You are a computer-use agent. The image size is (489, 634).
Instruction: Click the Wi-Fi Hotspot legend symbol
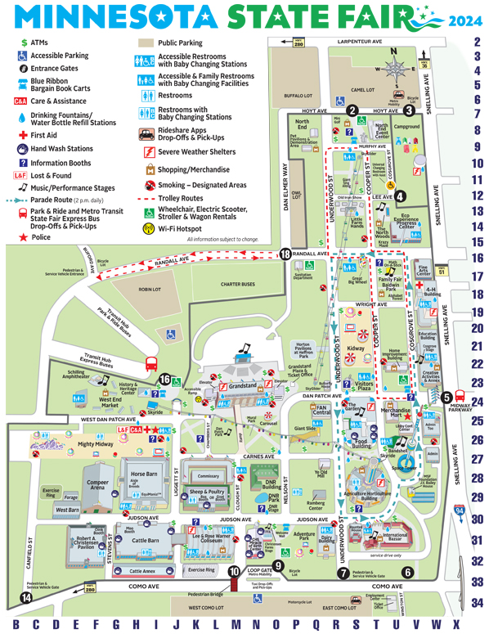(149, 227)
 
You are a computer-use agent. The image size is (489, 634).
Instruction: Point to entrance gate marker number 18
(285, 254)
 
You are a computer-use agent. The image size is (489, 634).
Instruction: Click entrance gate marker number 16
(166, 380)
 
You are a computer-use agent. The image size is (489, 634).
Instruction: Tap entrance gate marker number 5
(446, 398)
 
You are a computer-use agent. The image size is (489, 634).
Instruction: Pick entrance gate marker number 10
(234, 573)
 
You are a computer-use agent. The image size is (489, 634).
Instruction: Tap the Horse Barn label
(143, 474)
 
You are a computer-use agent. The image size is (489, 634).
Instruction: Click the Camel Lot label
(362, 91)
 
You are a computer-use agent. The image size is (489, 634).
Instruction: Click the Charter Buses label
(238, 285)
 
